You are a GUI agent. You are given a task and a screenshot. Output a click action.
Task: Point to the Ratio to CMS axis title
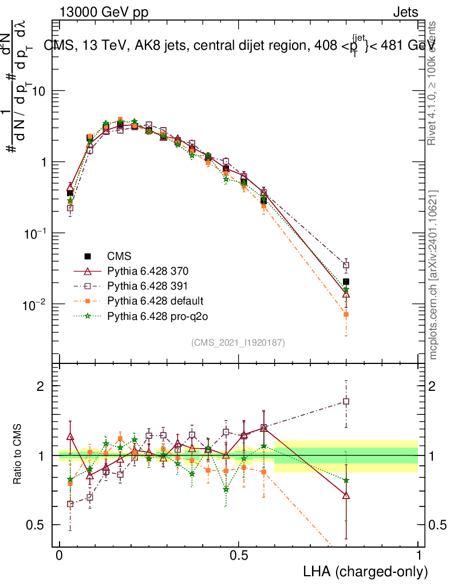coord(18,456)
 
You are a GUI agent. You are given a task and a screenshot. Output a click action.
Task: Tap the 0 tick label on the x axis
coord(60,556)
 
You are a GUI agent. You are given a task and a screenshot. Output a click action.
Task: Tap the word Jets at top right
coord(405,13)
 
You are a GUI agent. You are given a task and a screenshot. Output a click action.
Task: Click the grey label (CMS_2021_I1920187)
coord(238,342)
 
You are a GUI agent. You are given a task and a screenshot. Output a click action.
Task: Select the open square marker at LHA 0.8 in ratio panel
coord(346,401)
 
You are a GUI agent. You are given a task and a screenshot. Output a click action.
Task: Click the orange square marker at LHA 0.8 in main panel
coord(346,315)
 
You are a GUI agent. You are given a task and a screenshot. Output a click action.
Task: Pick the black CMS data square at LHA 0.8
coord(346,282)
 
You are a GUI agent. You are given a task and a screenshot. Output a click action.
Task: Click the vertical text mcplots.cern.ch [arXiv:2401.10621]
coord(434,275)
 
